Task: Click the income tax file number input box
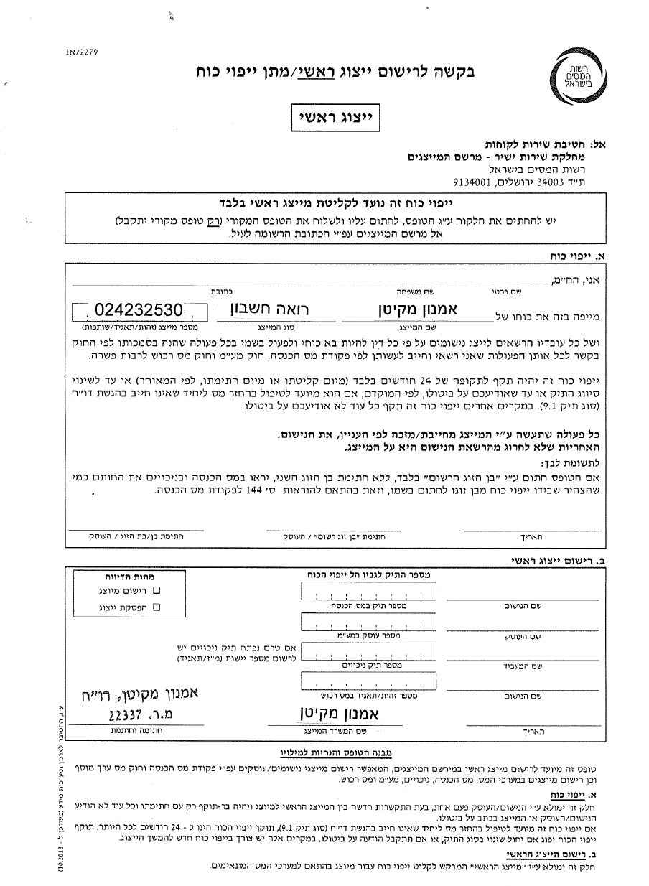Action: click(369, 592)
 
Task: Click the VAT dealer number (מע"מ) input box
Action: click(369, 622)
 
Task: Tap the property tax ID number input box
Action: click(369, 682)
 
